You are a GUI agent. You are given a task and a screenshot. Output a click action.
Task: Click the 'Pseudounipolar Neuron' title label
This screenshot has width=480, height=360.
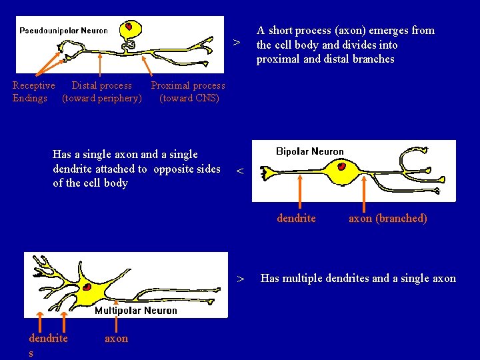click(x=63, y=30)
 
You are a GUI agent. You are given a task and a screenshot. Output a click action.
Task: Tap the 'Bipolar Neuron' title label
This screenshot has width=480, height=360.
click(x=310, y=151)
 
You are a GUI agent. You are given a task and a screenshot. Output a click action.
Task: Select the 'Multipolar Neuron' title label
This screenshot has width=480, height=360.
click(x=136, y=310)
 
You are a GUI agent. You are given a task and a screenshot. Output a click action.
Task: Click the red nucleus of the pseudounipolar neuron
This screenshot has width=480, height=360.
click(x=125, y=28)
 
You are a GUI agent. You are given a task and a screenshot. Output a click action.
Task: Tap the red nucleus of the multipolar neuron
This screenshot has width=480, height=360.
click(x=87, y=287)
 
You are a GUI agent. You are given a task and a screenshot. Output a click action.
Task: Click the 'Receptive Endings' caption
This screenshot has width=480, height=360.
click(x=33, y=92)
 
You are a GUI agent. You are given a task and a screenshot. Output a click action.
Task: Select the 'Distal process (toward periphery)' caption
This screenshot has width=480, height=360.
click(x=102, y=92)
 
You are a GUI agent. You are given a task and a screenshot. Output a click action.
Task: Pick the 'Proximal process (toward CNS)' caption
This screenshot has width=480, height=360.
click(x=189, y=92)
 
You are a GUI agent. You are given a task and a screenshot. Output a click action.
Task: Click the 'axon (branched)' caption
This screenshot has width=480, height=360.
click(x=388, y=219)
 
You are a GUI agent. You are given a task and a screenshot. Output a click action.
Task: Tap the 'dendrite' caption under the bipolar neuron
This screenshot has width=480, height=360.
click(x=297, y=219)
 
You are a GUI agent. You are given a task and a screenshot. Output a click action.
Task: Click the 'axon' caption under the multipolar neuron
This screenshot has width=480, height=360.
click(x=116, y=339)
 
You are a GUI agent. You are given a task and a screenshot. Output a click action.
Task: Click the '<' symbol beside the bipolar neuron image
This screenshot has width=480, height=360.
click(x=241, y=172)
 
